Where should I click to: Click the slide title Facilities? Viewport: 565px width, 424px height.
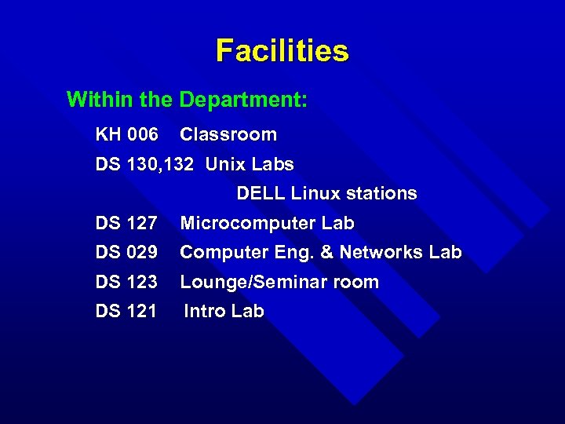tap(282, 51)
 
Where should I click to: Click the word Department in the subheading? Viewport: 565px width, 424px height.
tap(242, 101)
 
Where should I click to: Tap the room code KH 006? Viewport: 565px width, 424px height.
tap(126, 134)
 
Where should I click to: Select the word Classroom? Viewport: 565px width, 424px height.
tap(228, 134)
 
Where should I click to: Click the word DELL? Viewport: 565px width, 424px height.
tap(261, 193)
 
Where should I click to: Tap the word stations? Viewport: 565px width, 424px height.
tap(381, 193)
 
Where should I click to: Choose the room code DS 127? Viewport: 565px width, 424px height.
tap(126, 224)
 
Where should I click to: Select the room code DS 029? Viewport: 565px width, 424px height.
tap(126, 253)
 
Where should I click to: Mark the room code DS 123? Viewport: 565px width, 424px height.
tap(126, 282)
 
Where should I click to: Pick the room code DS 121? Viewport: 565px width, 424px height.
tap(126, 311)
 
